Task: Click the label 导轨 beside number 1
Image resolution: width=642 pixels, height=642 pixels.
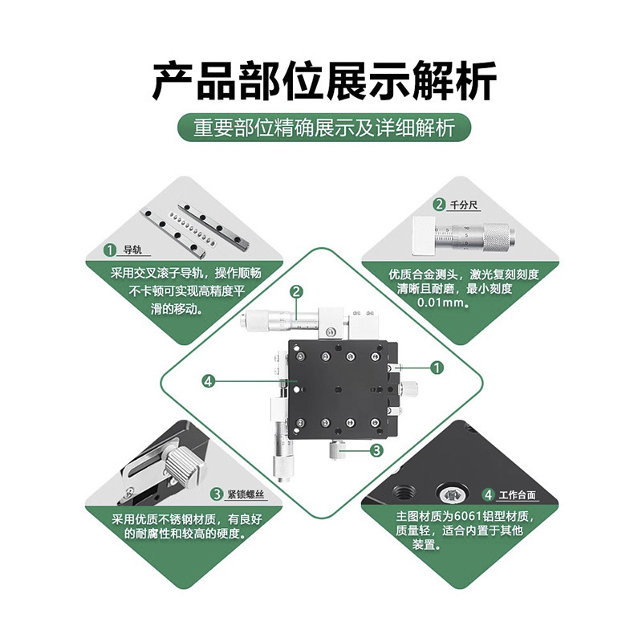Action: click(x=130, y=250)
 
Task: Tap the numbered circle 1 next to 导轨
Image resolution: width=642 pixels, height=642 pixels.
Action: click(x=110, y=250)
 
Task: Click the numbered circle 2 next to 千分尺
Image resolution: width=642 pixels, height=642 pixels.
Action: click(x=439, y=205)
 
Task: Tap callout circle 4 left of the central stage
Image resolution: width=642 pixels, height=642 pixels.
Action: click(x=208, y=381)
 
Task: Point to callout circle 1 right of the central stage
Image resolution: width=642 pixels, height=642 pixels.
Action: click(x=437, y=368)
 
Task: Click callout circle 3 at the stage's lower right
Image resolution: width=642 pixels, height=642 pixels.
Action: click(x=377, y=451)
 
